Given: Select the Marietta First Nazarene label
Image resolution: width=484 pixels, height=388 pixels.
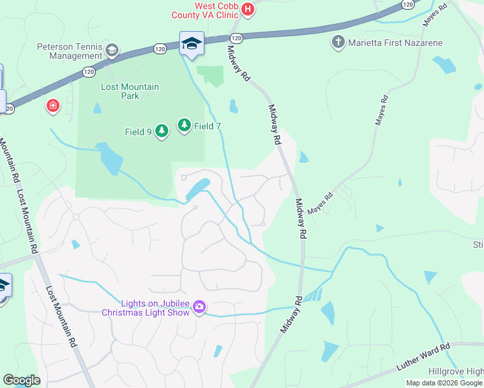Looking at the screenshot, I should [386, 43].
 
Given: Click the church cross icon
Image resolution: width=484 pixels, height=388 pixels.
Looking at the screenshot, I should [338, 43].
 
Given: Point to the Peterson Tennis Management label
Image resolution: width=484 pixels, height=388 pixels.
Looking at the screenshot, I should [70, 51].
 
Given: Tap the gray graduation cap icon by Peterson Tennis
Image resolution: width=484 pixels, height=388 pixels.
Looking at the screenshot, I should [112, 50].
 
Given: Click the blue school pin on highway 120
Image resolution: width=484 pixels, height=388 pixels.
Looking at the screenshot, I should [192, 44].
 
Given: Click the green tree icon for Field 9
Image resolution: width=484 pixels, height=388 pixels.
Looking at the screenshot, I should [161, 131].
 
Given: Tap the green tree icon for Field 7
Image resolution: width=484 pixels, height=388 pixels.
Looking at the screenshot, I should [184, 125].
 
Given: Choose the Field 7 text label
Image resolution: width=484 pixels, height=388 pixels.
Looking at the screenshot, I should [208, 126].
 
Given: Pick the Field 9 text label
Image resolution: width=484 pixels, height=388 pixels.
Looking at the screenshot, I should [138, 132].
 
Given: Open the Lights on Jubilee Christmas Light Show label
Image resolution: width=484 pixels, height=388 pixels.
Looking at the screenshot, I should [146, 308].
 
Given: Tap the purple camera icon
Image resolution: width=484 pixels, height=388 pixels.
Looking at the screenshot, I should [199, 307].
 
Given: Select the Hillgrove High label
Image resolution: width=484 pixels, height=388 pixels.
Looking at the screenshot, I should [456, 372].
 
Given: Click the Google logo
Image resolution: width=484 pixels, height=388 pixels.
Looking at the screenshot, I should [21, 380].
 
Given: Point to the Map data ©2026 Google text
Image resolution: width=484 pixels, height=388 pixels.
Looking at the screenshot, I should [444, 383].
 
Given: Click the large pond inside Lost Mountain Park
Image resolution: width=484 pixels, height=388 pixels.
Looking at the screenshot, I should [108, 158].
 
